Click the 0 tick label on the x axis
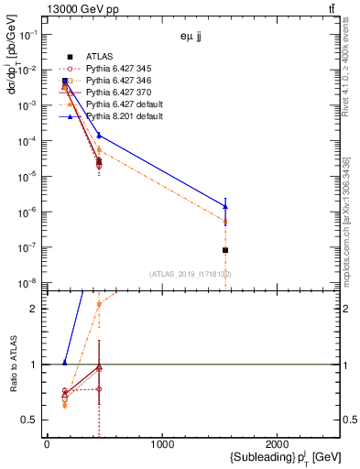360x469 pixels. tap(47, 444)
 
